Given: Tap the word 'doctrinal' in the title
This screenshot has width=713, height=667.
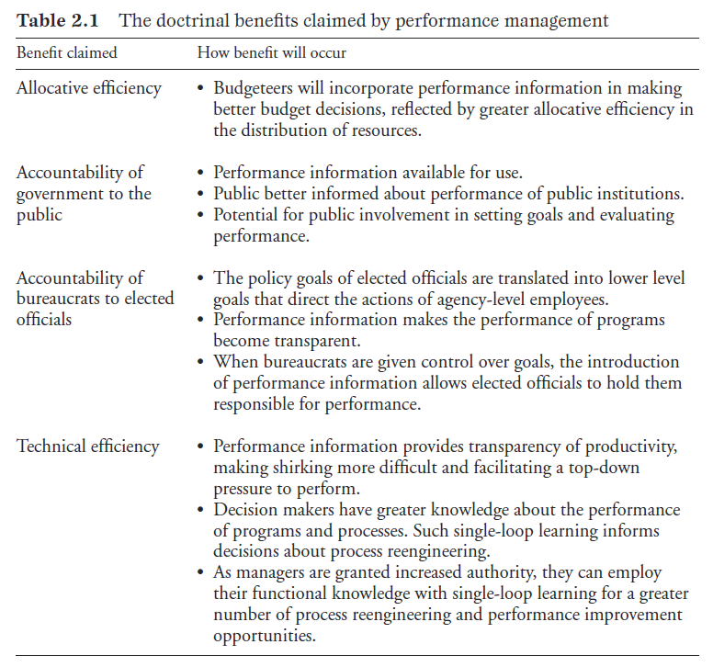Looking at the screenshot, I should (x=187, y=19).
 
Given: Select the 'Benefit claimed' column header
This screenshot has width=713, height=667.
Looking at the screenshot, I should (x=66, y=52).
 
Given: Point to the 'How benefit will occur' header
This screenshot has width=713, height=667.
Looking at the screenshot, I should (x=272, y=52).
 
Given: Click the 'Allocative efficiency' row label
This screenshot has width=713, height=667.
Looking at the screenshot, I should (x=88, y=88).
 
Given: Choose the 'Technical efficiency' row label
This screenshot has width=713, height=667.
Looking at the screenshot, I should (x=87, y=447).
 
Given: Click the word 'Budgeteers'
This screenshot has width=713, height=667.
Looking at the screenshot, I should (x=256, y=88).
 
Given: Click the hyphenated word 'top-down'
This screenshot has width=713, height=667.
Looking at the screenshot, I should (x=606, y=468).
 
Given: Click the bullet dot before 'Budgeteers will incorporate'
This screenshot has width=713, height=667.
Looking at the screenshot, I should (x=202, y=89).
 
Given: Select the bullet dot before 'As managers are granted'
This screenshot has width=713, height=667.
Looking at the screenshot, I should (x=202, y=573).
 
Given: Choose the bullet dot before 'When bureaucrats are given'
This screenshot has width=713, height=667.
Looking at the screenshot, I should (x=202, y=363).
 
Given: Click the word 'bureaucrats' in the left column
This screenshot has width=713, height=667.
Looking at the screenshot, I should (x=58, y=300).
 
